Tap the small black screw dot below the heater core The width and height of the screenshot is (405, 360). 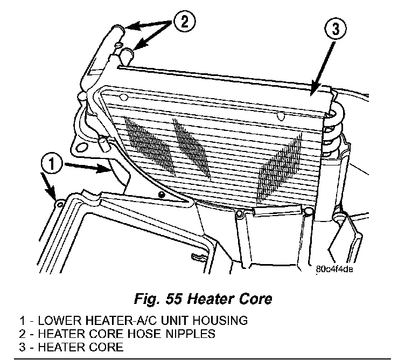point(160,193)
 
